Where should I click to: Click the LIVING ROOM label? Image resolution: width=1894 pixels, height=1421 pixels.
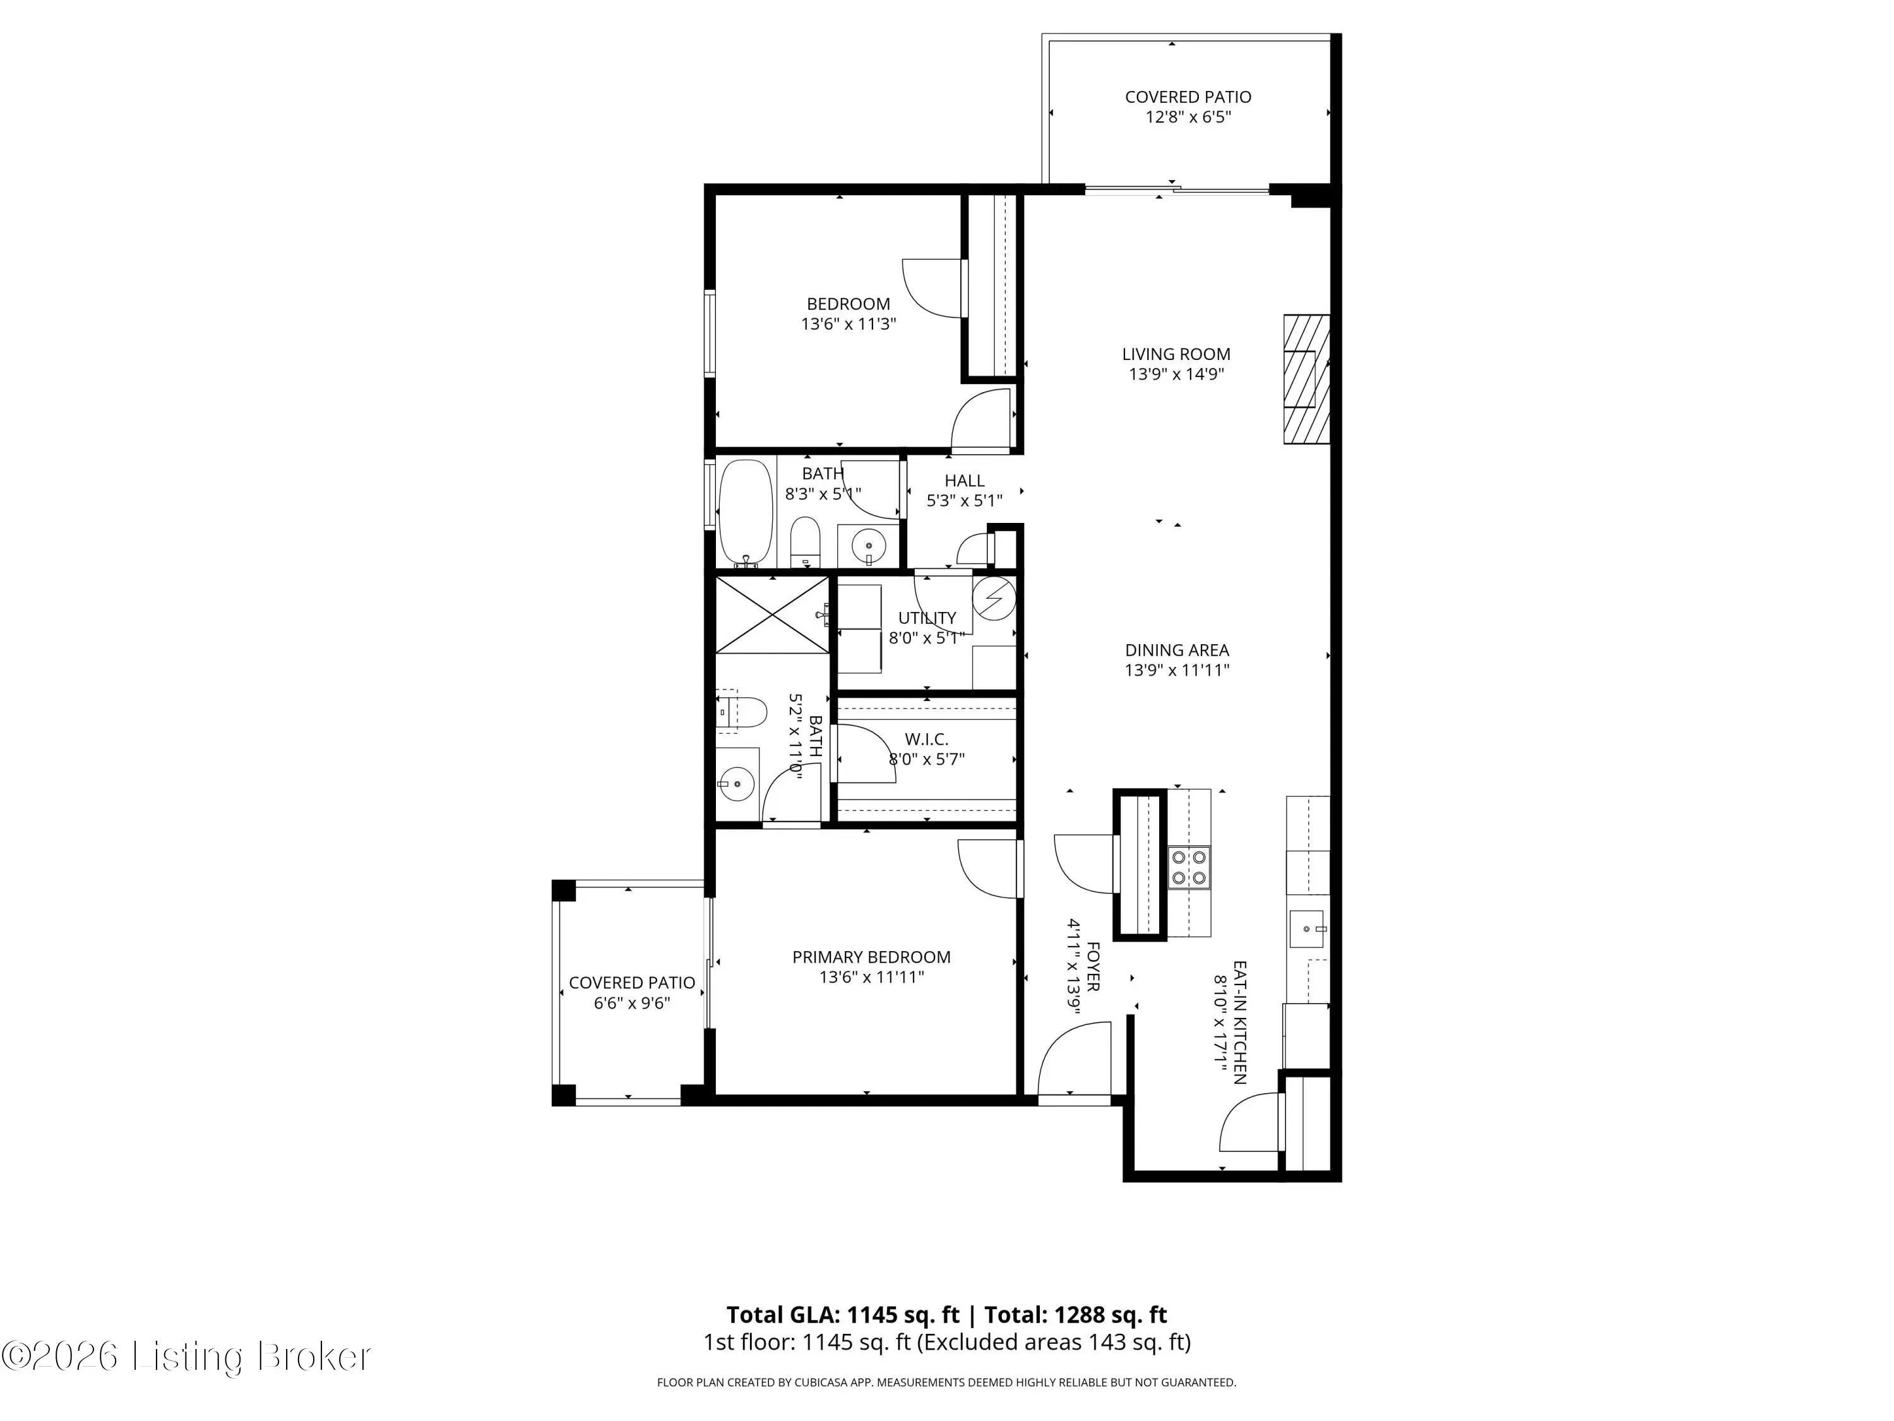point(1176,354)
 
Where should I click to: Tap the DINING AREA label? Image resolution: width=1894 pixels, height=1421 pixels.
point(1176,650)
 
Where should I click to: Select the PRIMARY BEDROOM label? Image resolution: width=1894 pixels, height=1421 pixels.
point(871,957)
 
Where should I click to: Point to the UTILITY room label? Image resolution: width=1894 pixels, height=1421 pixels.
point(926,618)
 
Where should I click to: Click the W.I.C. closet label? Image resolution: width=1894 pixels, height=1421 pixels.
point(926,738)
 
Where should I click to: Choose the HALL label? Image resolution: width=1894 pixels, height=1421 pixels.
point(964,481)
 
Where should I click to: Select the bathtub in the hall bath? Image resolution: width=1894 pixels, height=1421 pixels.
point(746,514)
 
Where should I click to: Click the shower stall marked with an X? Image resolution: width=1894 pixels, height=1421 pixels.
point(772,615)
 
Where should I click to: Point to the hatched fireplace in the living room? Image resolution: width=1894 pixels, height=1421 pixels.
point(1306,378)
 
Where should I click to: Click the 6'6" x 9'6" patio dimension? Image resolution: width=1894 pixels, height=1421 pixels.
point(632,1002)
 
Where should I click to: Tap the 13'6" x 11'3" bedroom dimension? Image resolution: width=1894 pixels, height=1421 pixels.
point(849,324)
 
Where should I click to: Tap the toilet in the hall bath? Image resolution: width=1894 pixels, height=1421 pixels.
point(805,541)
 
